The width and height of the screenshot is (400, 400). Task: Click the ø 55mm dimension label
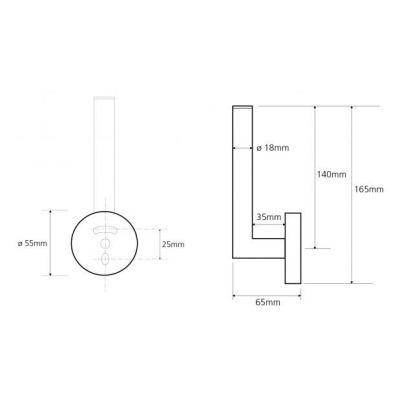pos(33,243)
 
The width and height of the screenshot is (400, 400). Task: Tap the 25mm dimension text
pos(173,244)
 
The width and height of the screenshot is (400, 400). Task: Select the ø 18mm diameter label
pos(273,148)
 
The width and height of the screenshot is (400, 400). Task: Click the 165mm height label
pos(369,189)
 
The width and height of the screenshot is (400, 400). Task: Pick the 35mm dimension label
pos(269,217)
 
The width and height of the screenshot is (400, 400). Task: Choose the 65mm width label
pos(268,302)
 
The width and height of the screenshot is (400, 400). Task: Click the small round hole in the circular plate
pos(105,243)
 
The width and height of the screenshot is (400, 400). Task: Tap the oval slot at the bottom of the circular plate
pos(105,259)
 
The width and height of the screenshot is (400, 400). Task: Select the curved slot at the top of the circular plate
pos(105,230)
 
